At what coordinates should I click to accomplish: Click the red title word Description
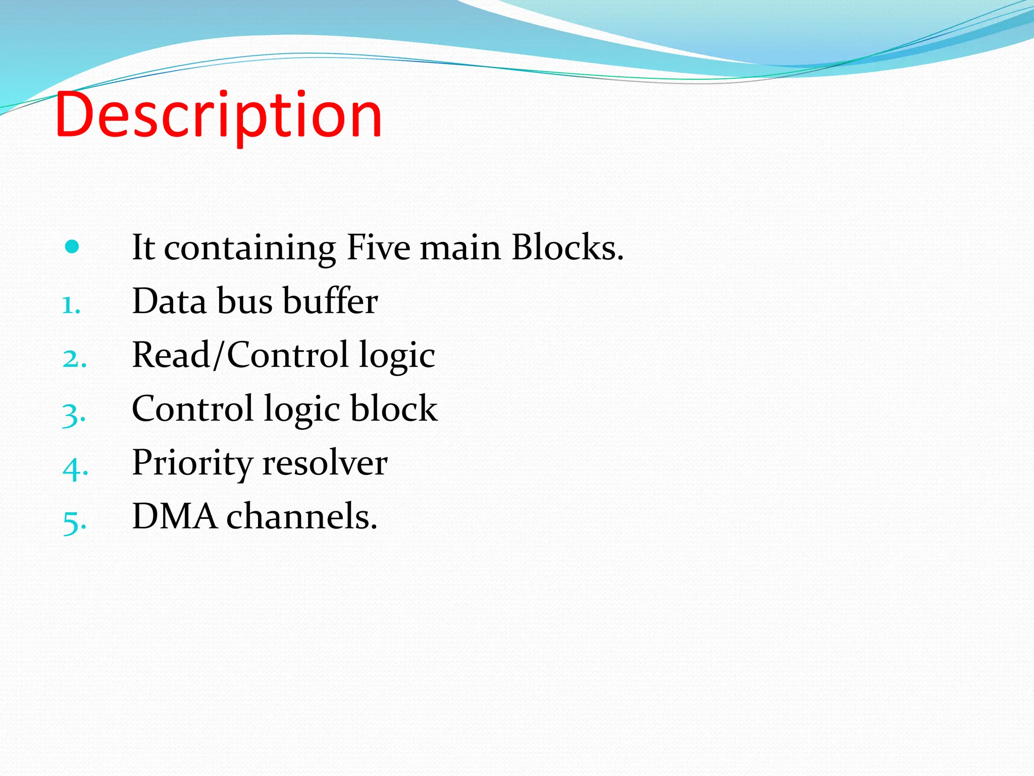coord(219,115)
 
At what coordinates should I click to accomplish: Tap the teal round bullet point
coord(72,247)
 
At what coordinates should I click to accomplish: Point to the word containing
coord(249,249)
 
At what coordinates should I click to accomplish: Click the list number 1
coord(71,305)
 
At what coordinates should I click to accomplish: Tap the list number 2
coord(74,359)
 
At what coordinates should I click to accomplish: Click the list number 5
coord(74,522)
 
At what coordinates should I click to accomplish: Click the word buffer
coord(330,301)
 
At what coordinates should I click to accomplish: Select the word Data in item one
coord(169,301)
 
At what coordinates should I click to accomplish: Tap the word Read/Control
coord(240,355)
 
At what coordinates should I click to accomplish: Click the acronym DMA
coord(174,516)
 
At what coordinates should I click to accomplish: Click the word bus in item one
coord(244,301)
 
